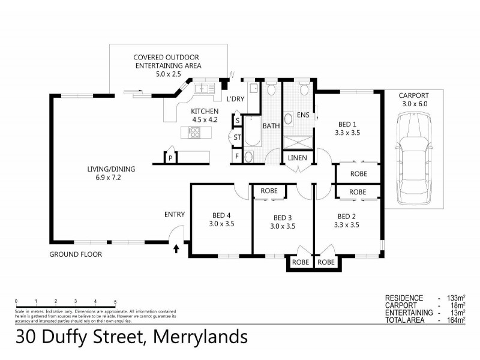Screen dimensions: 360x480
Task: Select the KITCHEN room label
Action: [x=205, y=111]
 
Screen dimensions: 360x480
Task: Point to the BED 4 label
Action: [x=221, y=216]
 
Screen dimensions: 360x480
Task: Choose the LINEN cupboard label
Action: [x=298, y=158]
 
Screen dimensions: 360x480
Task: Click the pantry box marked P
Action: [x=171, y=158]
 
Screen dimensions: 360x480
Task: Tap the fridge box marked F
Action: [x=238, y=157]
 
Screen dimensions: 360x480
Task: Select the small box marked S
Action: [x=238, y=121]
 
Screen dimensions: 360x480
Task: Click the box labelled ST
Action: [x=238, y=138]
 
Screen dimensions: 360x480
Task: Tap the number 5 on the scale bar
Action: [x=115, y=301]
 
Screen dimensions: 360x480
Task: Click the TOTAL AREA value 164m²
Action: [x=457, y=320]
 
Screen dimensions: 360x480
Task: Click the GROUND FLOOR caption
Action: [x=76, y=254]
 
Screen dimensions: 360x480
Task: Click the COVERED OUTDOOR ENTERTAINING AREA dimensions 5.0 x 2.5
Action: [x=167, y=74]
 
